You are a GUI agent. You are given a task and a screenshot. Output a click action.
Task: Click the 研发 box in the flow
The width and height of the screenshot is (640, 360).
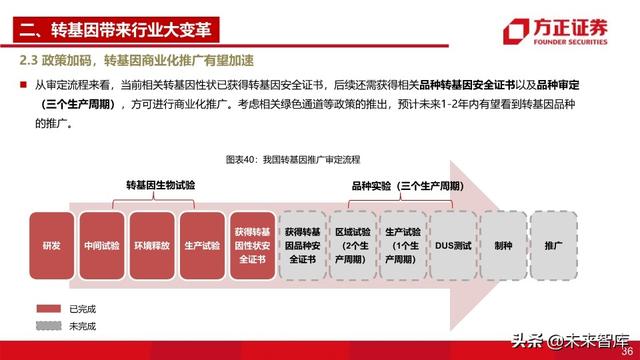point(51,244)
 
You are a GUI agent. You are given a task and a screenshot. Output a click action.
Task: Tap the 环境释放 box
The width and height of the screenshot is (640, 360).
point(151,244)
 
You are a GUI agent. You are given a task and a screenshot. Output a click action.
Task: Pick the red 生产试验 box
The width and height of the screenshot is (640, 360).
point(201,244)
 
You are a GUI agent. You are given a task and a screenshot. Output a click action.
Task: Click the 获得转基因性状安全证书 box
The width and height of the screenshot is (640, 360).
point(251,244)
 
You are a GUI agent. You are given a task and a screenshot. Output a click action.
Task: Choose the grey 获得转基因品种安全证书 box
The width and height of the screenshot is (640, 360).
point(301,244)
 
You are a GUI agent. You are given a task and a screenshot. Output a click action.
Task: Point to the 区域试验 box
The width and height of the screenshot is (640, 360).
point(351,244)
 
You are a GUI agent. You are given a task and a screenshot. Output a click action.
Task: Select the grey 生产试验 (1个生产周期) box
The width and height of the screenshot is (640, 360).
point(401,244)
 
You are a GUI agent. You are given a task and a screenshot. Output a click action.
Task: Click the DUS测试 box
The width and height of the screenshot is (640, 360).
point(451,244)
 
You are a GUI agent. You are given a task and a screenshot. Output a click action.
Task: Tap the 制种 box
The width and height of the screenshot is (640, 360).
point(502,244)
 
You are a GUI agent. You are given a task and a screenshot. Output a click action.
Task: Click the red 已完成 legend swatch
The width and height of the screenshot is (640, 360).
point(49,308)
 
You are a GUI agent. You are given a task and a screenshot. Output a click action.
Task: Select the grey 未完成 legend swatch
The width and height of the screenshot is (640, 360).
point(49,326)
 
